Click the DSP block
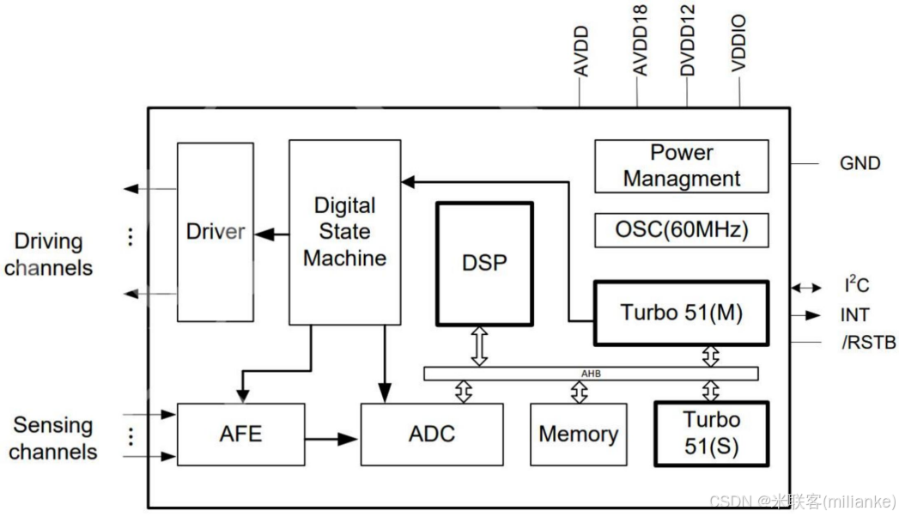coord(484,264)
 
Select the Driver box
coord(215,232)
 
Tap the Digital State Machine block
coord(344,232)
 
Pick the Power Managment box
coord(681,167)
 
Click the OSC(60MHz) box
coord(681,230)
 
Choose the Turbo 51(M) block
coord(681,313)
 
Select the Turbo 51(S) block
coord(711,434)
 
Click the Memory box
coord(578,435)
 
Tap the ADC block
coord(431,435)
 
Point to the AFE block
coord(240,435)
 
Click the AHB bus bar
coord(591,374)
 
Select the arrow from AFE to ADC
coord(332,439)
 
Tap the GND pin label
coord(860,163)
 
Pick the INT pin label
coord(853,315)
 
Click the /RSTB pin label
coord(867,344)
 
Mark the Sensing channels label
coord(53,438)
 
